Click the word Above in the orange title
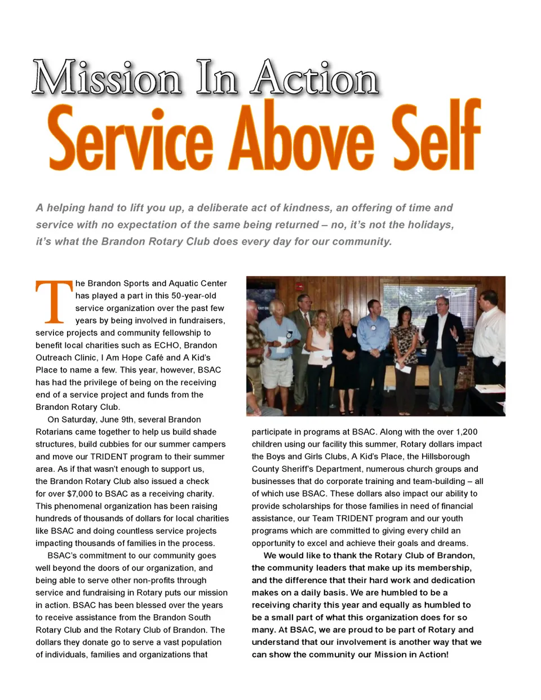pos(301,138)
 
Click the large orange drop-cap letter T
pos(54,302)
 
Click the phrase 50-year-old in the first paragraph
pos(194,295)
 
